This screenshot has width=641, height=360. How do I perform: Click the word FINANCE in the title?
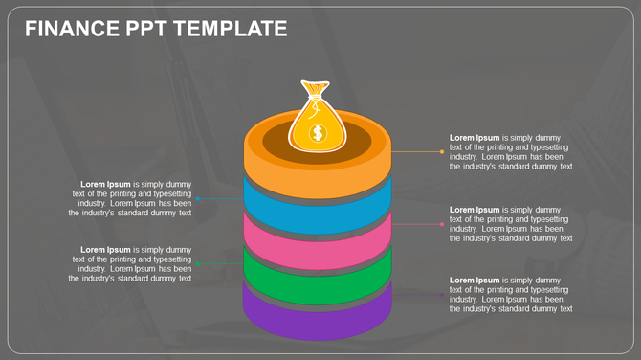pyautogui.click(x=72, y=29)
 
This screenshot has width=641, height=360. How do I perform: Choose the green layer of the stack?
pyautogui.click(x=317, y=280)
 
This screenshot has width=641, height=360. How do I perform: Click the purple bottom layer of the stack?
pyautogui.click(x=317, y=318)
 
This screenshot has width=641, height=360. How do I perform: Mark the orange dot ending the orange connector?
pyautogui.click(x=441, y=151)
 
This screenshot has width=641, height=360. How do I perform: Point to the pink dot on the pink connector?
pyautogui.click(x=442, y=224)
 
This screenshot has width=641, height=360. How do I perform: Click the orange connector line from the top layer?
pyautogui.click(x=415, y=151)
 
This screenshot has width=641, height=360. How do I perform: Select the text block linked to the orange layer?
pyautogui.click(x=511, y=152)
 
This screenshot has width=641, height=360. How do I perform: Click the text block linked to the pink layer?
pyautogui.click(x=511, y=224)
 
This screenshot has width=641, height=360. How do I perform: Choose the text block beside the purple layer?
pyautogui.click(x=511, y=294)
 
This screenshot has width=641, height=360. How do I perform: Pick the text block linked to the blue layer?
pyautogui.click(x=132, y=198)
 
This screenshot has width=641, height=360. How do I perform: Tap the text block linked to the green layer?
pyautogui.click(x=132, y=264)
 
